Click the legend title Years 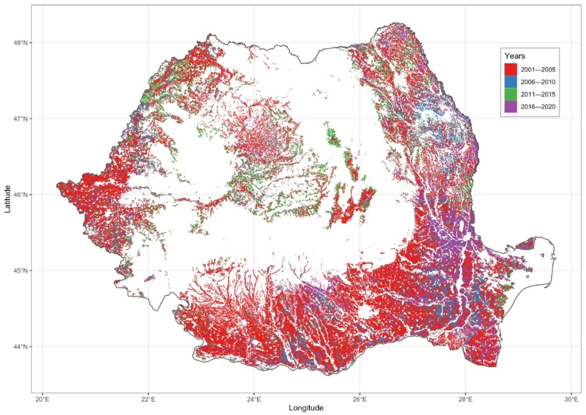[515, 56]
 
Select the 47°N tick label [20, 119]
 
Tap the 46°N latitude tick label [20, 195]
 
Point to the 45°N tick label [20, 271]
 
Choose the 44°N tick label [20, 347]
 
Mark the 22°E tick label [148, 399]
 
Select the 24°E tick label [254, 399]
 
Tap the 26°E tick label [360, 399]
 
